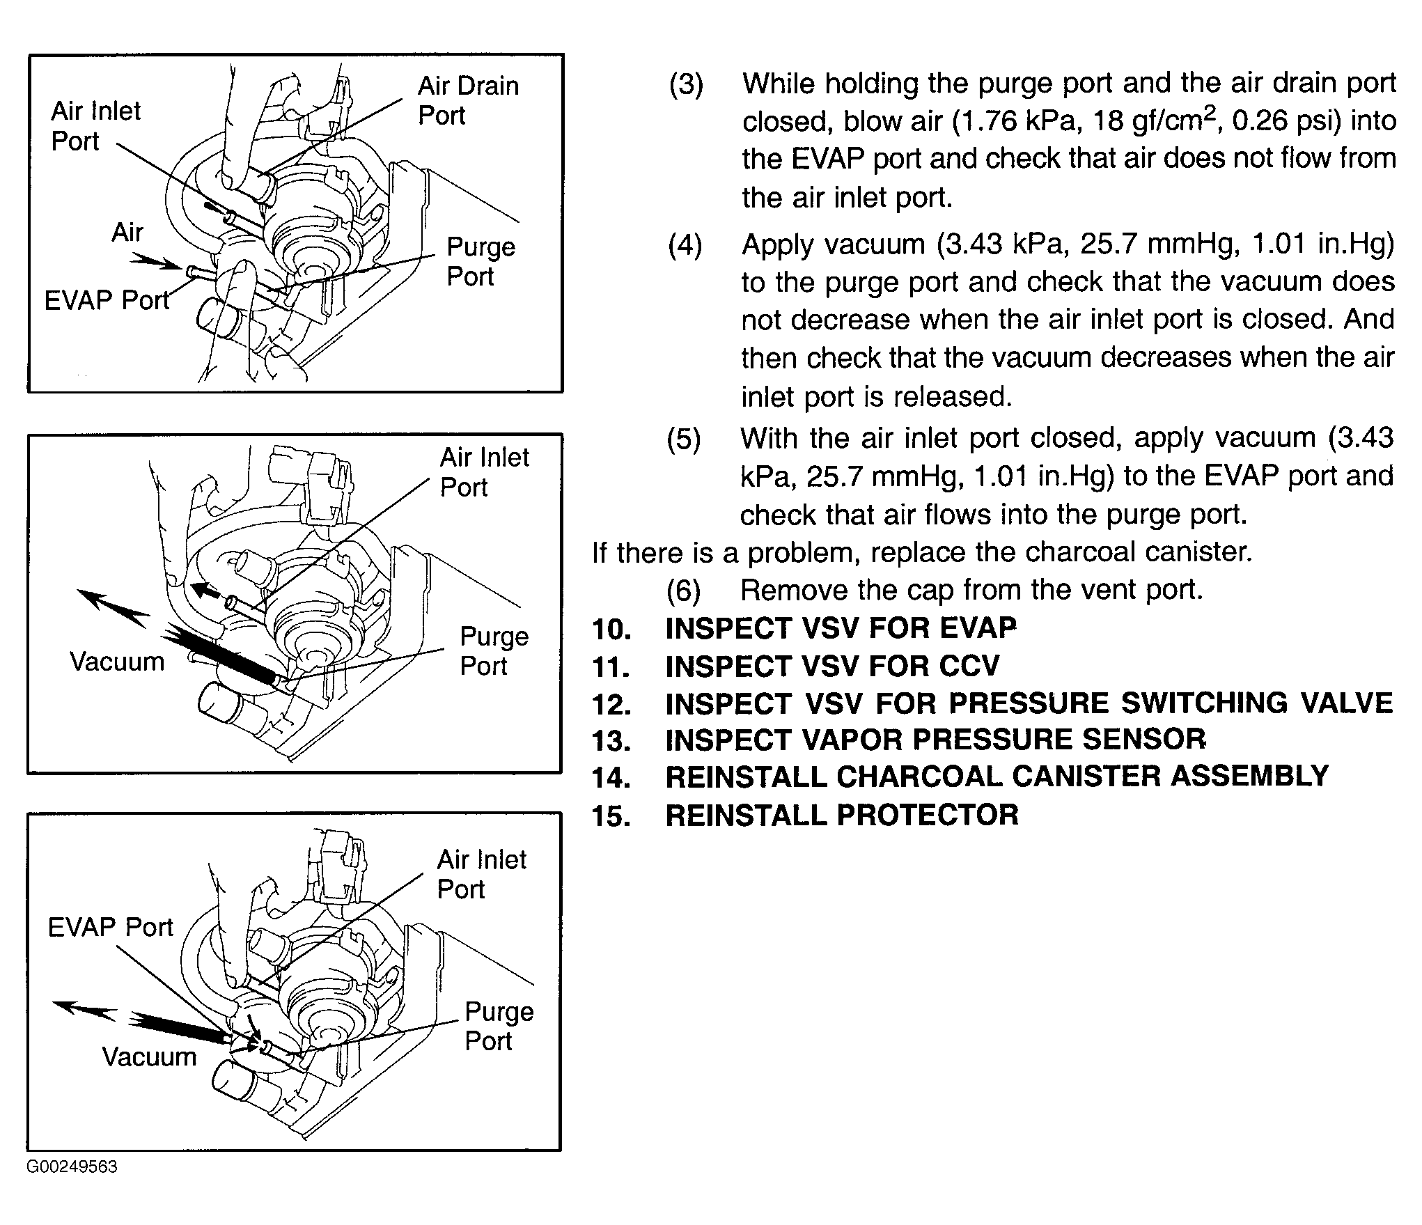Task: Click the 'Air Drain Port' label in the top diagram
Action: tap(468, 100)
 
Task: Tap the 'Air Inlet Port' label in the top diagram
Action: tap(95, 126)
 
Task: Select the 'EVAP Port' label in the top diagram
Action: tap(107, 300)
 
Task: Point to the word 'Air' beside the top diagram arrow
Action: tap(127, 232)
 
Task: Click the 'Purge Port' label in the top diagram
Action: tap(480, 261)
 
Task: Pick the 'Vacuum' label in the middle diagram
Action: tap(117, 662)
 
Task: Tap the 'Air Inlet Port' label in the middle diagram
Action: tap(484, 472)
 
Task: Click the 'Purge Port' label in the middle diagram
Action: tap(494, 651)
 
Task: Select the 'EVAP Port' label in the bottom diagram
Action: tap(110, 927)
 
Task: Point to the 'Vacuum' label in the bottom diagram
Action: tap(149, 1057)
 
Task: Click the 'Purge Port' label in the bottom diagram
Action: tap(499, 1026)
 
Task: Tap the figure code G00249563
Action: tap(72, 1167)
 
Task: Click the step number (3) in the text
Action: tap(686, 84)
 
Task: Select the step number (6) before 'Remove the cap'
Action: tap(683, 591)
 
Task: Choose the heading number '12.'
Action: tap(611, 704)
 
